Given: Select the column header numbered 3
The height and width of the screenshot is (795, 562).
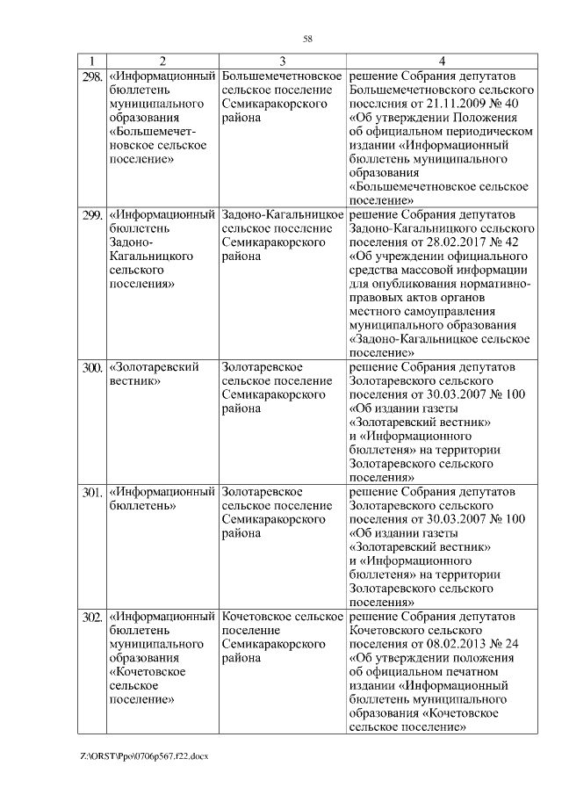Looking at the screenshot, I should (282, 61).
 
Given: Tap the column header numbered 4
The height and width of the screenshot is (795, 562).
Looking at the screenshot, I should (442, 61).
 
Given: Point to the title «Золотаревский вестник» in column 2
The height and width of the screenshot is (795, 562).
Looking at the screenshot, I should (154, 372).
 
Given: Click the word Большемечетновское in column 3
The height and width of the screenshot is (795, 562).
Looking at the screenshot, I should (282, 76).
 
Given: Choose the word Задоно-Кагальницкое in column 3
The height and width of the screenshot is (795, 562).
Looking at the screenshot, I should (282, 214).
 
